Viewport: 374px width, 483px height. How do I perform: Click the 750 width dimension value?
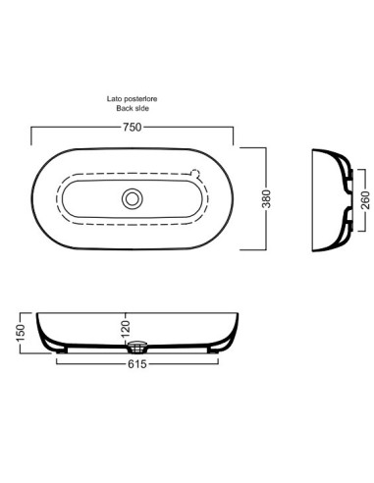(x=133, y=127)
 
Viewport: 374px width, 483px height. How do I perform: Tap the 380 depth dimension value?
(x=267, y=198)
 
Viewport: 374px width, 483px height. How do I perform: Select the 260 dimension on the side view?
(x=365, y=200)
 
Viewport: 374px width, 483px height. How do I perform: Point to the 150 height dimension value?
(x=21, y=333)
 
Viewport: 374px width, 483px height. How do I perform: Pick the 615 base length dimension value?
(x=137, y=364)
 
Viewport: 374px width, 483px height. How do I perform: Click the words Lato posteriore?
(x=132, y=98)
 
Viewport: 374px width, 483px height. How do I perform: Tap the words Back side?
(x=133, y=108)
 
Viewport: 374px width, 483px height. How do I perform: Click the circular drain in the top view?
(x=133, y=198)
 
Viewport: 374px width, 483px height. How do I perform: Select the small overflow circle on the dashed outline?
(x=195, y=174)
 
